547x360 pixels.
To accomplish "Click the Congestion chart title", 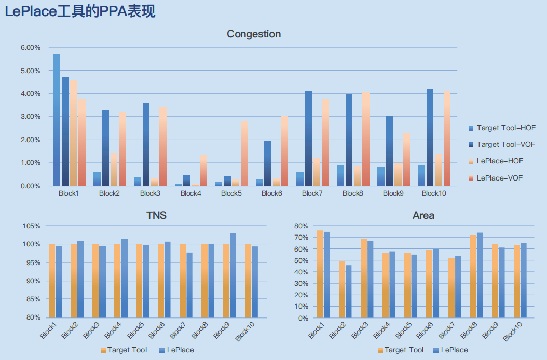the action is coord(254,34).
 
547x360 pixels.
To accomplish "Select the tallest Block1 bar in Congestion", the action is coord(57,120).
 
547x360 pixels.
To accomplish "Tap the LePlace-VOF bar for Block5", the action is coord(244,153).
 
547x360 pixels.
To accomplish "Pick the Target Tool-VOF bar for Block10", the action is coord(430,137).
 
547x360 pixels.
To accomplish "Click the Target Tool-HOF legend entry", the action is coord(502,128).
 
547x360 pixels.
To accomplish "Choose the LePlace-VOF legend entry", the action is coord(496,178).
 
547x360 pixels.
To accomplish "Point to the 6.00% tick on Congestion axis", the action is coord(31,47).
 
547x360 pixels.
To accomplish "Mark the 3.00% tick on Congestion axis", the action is coord(31,117).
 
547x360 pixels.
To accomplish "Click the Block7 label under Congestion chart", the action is coord(312,193).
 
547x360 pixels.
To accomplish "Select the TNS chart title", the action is coord(156,215).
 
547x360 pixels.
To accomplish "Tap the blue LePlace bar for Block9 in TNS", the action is coord(233,275).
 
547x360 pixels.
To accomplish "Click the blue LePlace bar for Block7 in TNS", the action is coord(189,285).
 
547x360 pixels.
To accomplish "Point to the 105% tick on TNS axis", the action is coord(31,226).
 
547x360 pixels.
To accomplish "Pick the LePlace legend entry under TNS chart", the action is coord(176,350).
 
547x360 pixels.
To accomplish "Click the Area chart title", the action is coord(423,215).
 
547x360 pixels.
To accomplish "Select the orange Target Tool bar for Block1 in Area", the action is coord(320,274).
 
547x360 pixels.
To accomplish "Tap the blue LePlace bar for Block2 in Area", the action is coord(349,292).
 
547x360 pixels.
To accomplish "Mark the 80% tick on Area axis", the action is coord(302,226).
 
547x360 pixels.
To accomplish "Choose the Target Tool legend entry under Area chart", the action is coord(401,350).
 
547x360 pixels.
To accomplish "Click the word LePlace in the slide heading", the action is coord(31,11).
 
